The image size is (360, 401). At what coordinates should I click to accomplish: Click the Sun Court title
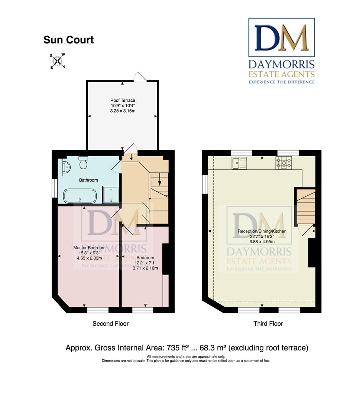[x=68, y=40]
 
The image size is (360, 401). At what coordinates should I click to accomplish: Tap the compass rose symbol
[x=58, y=61]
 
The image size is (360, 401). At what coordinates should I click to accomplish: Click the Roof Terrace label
[x=123, y=100]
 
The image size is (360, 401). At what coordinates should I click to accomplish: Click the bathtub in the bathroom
[x=80, y=196]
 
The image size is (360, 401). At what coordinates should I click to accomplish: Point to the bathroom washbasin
[x=65, y=168]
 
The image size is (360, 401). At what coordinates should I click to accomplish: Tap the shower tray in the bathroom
[x=111, y=195]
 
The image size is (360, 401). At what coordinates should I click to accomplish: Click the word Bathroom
[x=88, y=180]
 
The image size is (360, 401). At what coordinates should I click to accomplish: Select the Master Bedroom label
[x=89, y=248]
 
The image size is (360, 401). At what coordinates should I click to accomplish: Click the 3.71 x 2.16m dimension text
[x=145, y=268]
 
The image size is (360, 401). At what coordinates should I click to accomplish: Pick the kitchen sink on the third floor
[x=239, y=163]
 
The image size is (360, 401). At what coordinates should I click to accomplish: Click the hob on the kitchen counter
[x=283, y=163]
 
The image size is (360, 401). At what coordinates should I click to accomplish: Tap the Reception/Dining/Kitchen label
[x=262, y=231]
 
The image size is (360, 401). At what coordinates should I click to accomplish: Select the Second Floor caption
[x=110, y=324]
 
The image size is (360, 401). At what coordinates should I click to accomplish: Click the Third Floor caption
[x=268, y=324]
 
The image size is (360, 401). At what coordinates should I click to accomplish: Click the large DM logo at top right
[x=281, y=38]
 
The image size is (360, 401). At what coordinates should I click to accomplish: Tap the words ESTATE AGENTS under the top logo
[x=281, y=74]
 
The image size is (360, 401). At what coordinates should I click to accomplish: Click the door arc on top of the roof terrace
[x=140, y=76]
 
